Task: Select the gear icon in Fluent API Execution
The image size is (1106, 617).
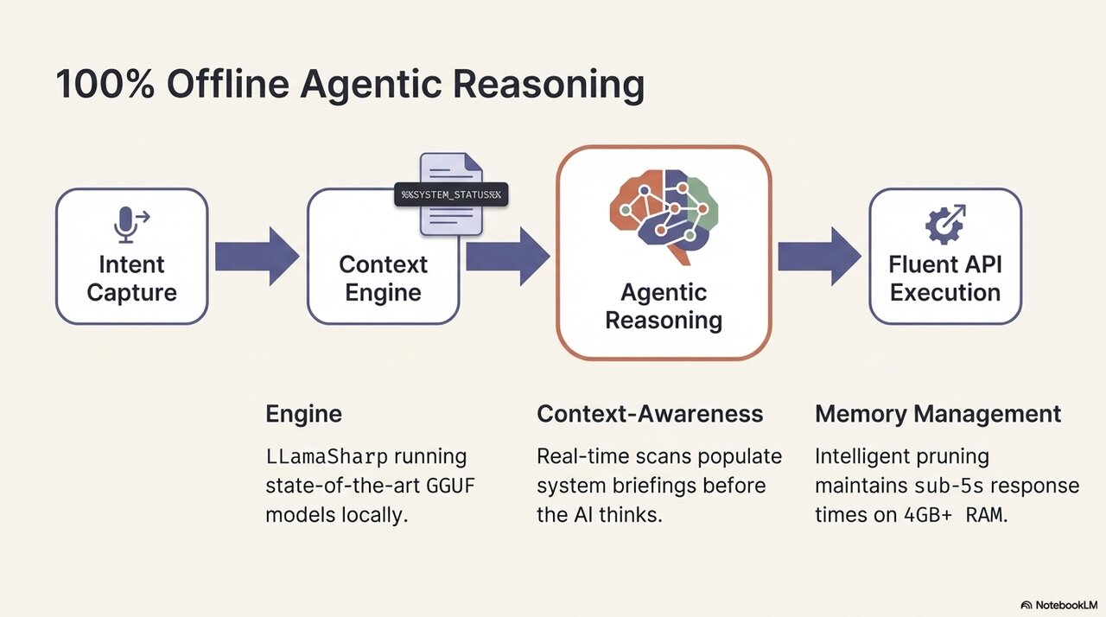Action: click(944, 225)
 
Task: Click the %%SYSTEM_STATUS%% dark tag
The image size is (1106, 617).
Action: click(451, 194)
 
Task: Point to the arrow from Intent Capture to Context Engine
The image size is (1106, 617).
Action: click(256, 256)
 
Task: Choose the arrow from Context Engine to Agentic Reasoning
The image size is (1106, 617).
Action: click(507, 256)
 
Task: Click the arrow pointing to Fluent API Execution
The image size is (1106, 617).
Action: click(818, 256)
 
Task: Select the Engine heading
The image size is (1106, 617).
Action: click(303, 414)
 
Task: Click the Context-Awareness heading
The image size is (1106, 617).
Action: click(650, 414)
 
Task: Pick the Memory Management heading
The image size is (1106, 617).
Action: click(938, 414)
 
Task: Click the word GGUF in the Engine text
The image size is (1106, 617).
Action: click(450, 485)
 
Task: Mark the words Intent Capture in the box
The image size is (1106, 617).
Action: click(131, 277)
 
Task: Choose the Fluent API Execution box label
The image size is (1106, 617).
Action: click(944, 277)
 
